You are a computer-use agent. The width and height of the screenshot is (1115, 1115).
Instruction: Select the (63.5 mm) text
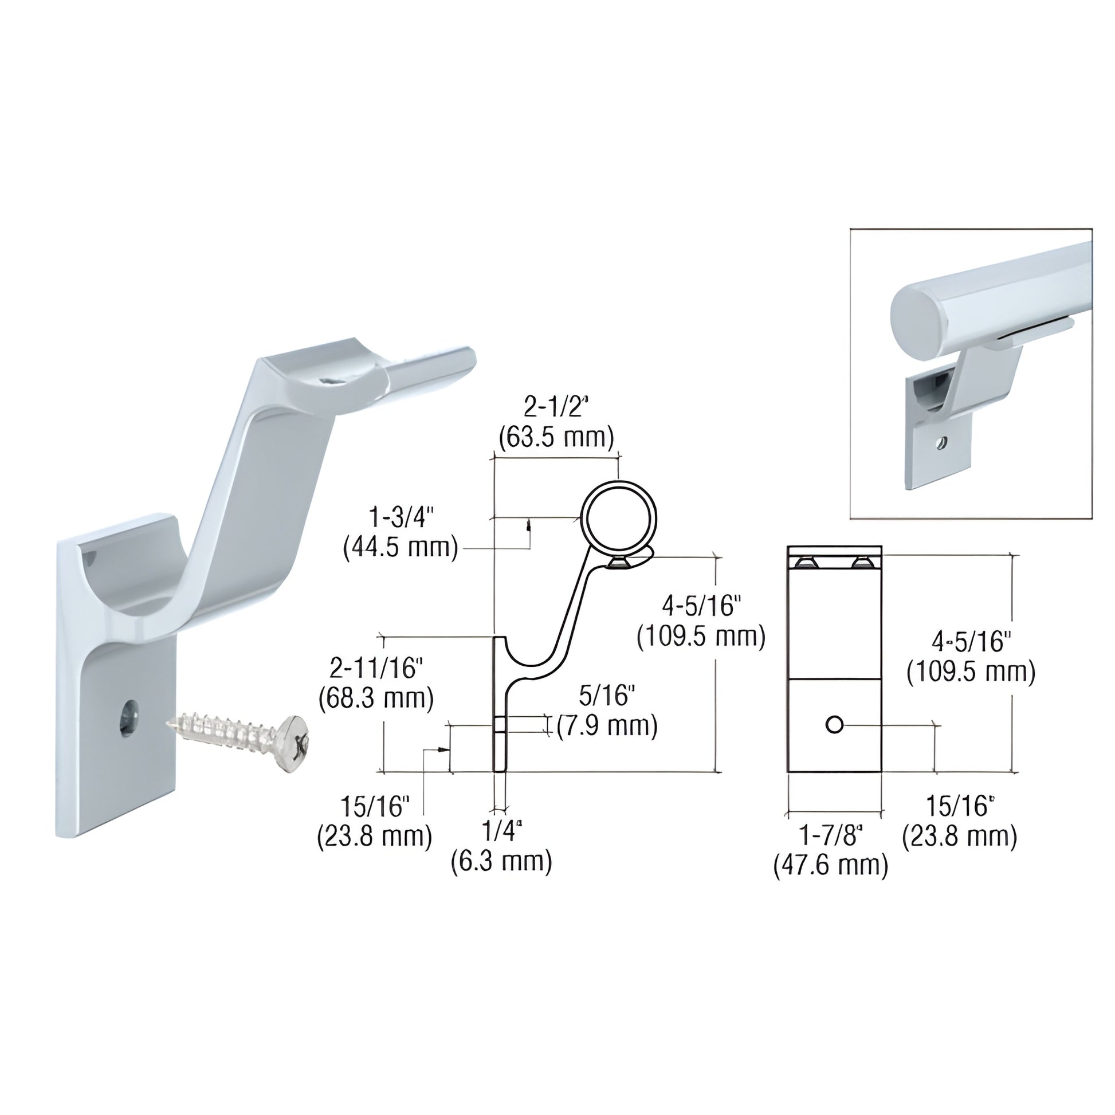click(x=556, y=438)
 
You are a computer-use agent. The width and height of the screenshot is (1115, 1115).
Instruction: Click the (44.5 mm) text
click(x=401, y=547)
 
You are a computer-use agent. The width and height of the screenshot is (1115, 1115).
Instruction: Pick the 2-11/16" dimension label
click(x=376, y=669)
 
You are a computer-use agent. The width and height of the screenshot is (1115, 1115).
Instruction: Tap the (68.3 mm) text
click(x=376, y=698)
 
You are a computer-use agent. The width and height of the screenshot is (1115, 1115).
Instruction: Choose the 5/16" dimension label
click(x=607, y=696)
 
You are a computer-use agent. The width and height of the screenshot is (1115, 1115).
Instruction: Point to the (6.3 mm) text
click(x=501, y=861)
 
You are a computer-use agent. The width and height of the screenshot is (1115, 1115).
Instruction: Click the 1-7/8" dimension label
click(x=830, y=835)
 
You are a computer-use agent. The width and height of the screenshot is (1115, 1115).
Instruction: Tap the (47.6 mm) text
click(x=830, y=866)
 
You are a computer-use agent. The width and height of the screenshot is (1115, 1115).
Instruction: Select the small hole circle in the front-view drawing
click(x=834, y=724)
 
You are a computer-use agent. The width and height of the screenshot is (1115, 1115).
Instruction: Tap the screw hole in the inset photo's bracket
click(x=941, y=443)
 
